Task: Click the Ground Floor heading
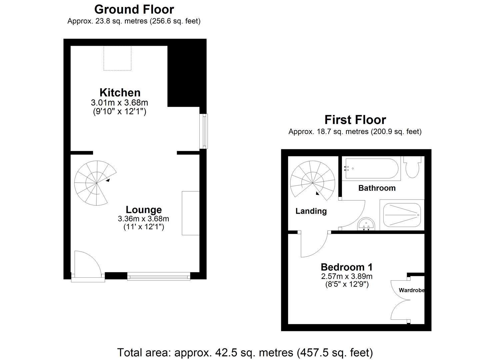click(x=134, y=9)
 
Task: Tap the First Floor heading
click(x=355, y=120)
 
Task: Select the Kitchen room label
click(x=120, y=92)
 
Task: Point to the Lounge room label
click(x=144, y=210)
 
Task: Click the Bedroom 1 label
click(x=346, y=267)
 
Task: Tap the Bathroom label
click(x=377, y=188)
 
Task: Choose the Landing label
click(x=311, y=211)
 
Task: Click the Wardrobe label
click(x=411, y=290)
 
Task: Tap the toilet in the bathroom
click(x=413, y=167)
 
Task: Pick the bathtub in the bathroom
click(x=371, y=169)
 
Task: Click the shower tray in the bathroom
click(x=402, y=215)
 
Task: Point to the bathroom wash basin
click(x=366, y=225)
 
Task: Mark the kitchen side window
click(x=203, y=131)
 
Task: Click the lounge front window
click(x=159, y=276)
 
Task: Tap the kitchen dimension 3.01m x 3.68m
click(x=119, y=103)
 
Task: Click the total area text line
click(x=245, y=352)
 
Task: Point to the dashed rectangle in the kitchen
click(x=117, y=58)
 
